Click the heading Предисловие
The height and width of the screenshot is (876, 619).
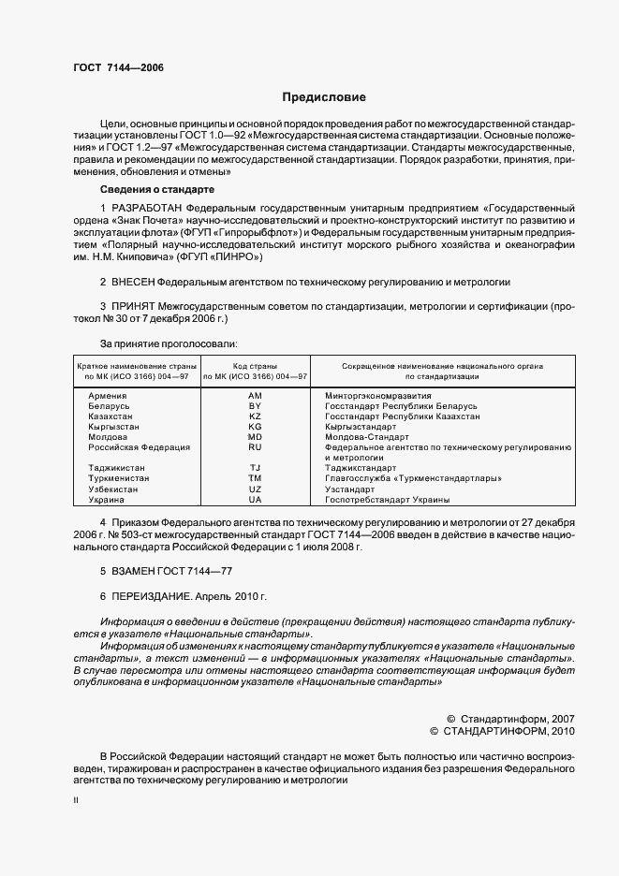(x=324, y=97)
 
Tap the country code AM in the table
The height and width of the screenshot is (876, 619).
(x=255, y=396)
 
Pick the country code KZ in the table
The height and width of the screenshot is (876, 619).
(x=255, y=416)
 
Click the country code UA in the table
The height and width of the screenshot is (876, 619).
(x=255, y=500)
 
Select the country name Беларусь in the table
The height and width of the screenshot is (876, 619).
(x=110, y=406)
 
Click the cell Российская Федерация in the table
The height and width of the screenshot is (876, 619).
(x=139, y=447)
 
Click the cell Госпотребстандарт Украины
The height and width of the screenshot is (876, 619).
(x=387, y=500)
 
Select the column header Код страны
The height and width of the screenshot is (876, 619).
(x=255, y=365)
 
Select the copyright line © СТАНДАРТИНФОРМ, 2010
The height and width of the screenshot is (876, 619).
(x=502, y=730)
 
